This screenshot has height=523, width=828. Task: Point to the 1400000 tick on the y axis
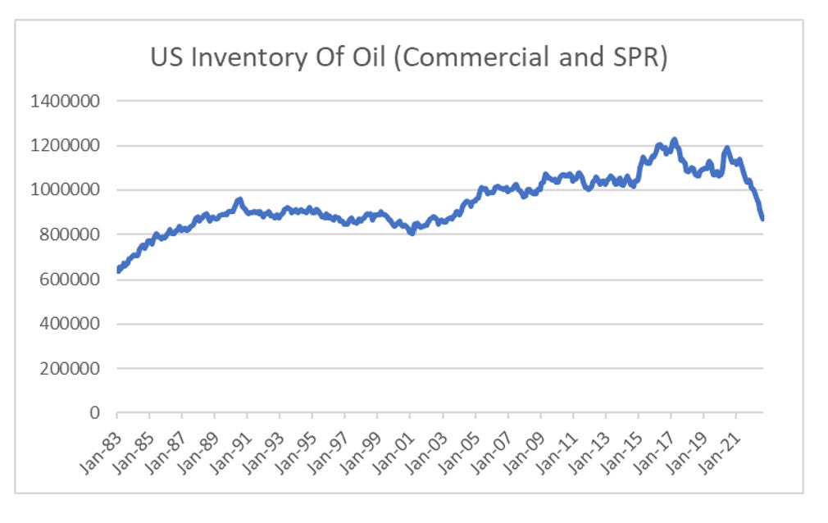pyautogui.click(x=65, y=102)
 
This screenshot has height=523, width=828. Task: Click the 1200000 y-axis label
pyautogui.click(x=65, y=146)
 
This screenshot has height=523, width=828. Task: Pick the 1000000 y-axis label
pyautogui.click(x=65, y=190)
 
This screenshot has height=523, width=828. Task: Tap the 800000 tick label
pyautogui.click(x=69, y=234)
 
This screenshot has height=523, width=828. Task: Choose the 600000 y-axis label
pyautogui.click(x=69, y=280)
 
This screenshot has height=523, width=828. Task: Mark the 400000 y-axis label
pyautogui.click(x=69, y=324)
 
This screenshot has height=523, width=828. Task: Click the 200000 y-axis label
pyautogui.click(x=69, y=368)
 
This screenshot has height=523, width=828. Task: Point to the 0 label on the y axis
pyautogui.click(x=93, y=413)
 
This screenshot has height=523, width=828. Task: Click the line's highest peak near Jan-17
pyautogui.click(x=674, y=140)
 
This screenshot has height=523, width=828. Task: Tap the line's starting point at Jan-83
pyautogui.click(x=118, y=270)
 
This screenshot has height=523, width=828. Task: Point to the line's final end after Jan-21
pyautogui.click(x=763, y=219)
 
